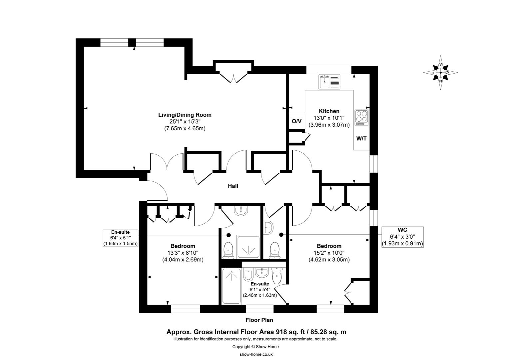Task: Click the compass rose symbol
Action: (x=440, y=73)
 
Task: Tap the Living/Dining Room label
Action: (x=185, y=115)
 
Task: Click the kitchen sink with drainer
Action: (x=329, y=82)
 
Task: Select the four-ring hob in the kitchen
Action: (x=361, y=117)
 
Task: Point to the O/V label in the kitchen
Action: (x=296, y=121)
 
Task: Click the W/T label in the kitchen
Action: (x=361, y=138)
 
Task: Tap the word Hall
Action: (x=233, y=186)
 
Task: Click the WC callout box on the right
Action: (x=402, y=237)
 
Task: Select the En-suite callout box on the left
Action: (x=120, y=238)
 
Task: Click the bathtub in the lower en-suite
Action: (x=231, y=286)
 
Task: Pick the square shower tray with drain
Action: (x=248, y=247)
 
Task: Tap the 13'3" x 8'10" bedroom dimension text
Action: (x=183, y=253)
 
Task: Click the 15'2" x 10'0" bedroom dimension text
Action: (x=329, y=253)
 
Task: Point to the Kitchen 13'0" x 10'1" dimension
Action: (x=329, y=118)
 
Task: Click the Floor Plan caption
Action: (x=259, y=320)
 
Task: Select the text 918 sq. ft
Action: (x=290, y=332)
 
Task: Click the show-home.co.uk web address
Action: (x=256, y=354)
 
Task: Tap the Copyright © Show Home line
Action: (x=256, y=347)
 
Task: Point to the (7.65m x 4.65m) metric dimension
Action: (x=185, y=128)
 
